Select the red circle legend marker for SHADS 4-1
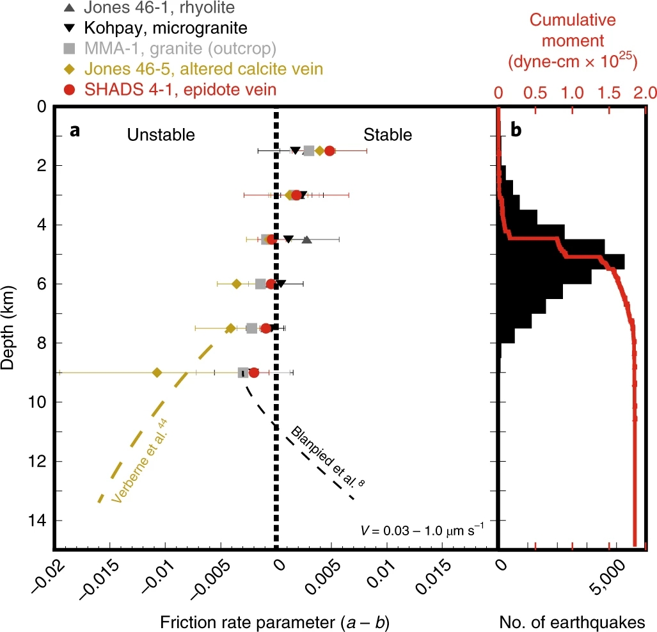tap(73, 89)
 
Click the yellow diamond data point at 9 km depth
tap(157, 373)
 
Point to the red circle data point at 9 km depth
tap(254, 373)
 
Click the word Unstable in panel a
tap(160, 134)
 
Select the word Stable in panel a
tap(388, 134)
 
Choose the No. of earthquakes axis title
tap(571, 622)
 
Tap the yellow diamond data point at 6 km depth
tap(236, 284)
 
